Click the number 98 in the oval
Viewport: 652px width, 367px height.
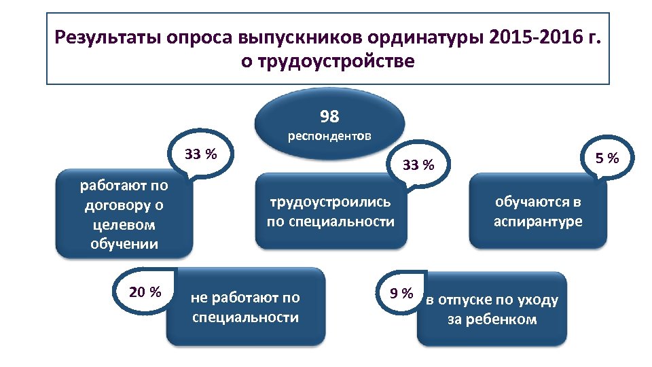click(329, 117)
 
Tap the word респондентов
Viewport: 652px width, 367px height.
click(329, 136)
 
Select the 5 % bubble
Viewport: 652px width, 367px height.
click(607, 159)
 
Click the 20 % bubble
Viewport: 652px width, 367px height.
click(145, 292)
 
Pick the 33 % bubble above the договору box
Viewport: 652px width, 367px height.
click(201, 154)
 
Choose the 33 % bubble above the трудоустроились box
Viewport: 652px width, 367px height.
click(417, 164)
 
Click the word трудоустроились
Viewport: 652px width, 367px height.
click(331, 201)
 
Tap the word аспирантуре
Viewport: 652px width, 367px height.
click(538, 222)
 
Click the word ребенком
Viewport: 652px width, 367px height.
click(503, 319)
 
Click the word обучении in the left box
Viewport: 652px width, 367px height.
click(124, 243)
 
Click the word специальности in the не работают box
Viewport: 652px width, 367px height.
click(246, 317)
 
